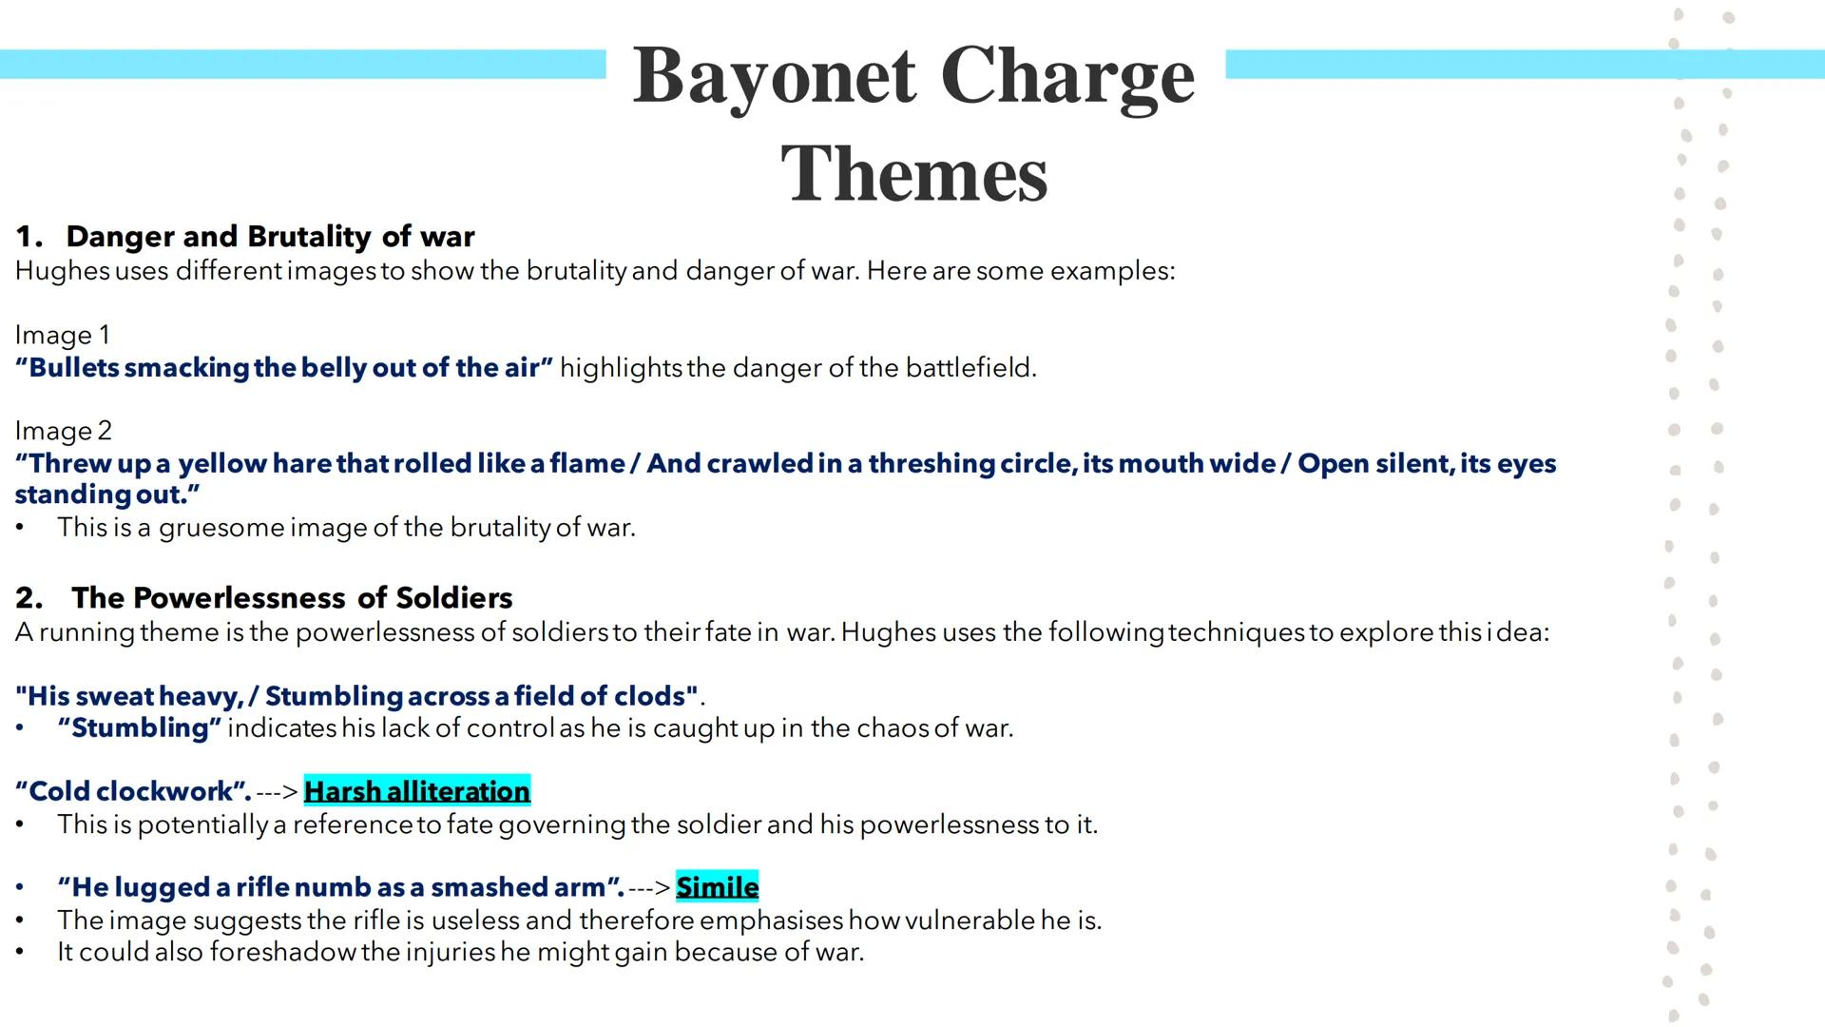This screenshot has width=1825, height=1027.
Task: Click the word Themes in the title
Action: coord(913,174)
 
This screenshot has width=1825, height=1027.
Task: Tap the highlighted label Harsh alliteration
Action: coord(416,791)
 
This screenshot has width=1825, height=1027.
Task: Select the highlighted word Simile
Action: coord(717,887)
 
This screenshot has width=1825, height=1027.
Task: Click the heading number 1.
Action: coord(29,237)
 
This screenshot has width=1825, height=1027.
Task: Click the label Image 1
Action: coord(63,336)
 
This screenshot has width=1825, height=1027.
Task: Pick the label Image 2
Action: coord(63,431)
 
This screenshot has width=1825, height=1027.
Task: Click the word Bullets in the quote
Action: coord(74,368)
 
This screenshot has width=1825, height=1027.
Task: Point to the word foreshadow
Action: coord(282,952)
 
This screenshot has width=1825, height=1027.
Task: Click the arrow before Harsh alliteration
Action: coord(277,791)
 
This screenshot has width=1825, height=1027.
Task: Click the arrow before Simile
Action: coord(649,887)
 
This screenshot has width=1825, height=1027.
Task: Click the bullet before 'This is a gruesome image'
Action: coord(20,528)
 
